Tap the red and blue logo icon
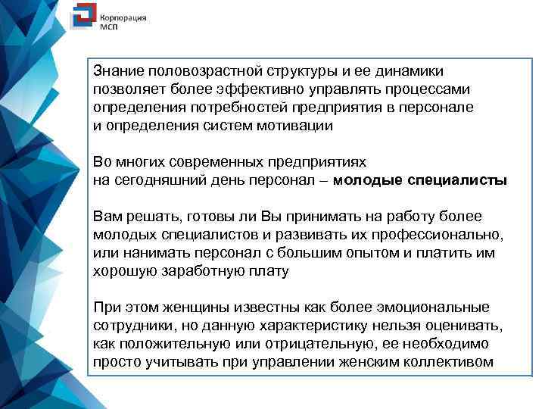point(81,19)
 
